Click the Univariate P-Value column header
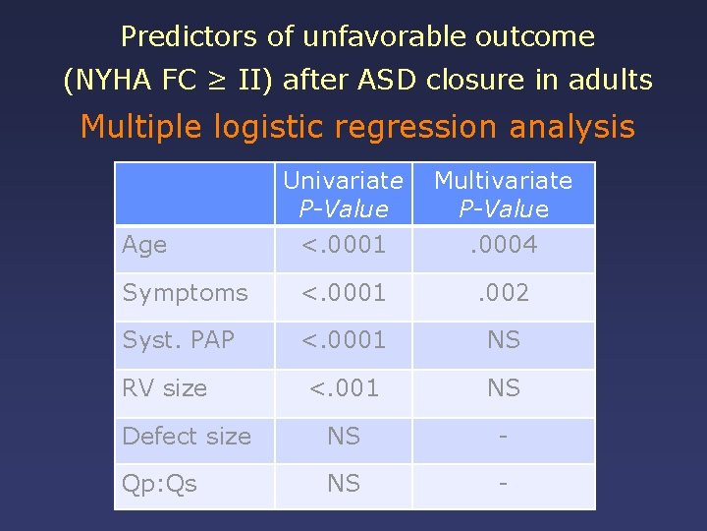pyautogui.click(x=343, y=194)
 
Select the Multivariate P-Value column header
pyautogui.click(x=503, y=194)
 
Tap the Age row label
pyautogui.click(x=144, y=245)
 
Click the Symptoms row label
pyautogui.click(x=185, y=293)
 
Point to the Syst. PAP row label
pyautogui.click(x=178, y=340)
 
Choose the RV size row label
pyautogui.click(x=164, y=388)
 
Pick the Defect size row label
pyautogui.click(x=187, y=436)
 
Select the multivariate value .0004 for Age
pyautogui.click(x=503, y=245)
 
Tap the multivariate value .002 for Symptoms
pyautogui.click(x=503, y=293)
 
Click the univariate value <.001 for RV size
pyautogui.click(x=343, y=388)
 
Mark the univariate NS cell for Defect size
pyautogui.click(x=343, y=436)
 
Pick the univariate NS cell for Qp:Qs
pyautogui.click(x=343, y=484)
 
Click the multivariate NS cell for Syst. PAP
pyautogui.click(x=503, y=340)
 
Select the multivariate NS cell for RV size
pyautogui.click(x=503, y=388)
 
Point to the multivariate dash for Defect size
pyautogui.click(x=503, y=436)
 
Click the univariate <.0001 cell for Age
pyautogui.click(x=343, y=245)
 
